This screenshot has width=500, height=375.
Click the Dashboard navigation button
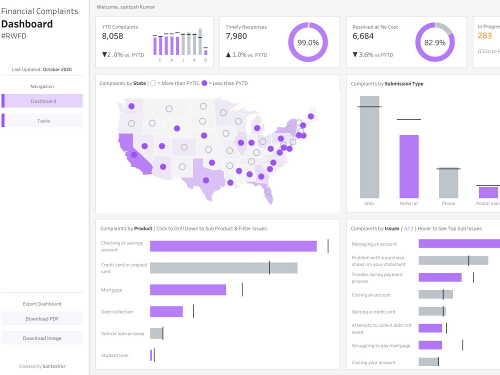(x=43, y=101)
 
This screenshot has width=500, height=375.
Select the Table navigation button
(x=43, y=120)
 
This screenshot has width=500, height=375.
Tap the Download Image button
(x=42, y=338)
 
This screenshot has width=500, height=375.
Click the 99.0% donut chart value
(x=308, y=42)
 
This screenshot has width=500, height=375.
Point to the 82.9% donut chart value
(x=434, y=42)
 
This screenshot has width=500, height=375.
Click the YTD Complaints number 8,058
(x=112, y=36)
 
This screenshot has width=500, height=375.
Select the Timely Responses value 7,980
(x=236, y=36)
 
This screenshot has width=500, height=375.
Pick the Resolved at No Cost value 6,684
(x=363, y=36)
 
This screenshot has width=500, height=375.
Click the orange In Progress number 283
(x=484, y=35)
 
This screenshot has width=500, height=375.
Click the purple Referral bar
(x=408, y=166)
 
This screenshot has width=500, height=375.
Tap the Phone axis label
(x=448, y=203)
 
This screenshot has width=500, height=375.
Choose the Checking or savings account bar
(x=233, y=246)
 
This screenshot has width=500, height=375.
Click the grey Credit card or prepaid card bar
(x=223, y=268)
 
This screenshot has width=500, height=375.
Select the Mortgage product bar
(x=187, y=290)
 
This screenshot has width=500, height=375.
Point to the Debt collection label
(x=117, y=311)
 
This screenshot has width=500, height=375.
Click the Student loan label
(x=114, y=355)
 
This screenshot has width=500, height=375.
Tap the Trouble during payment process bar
(x=439, y=277)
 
